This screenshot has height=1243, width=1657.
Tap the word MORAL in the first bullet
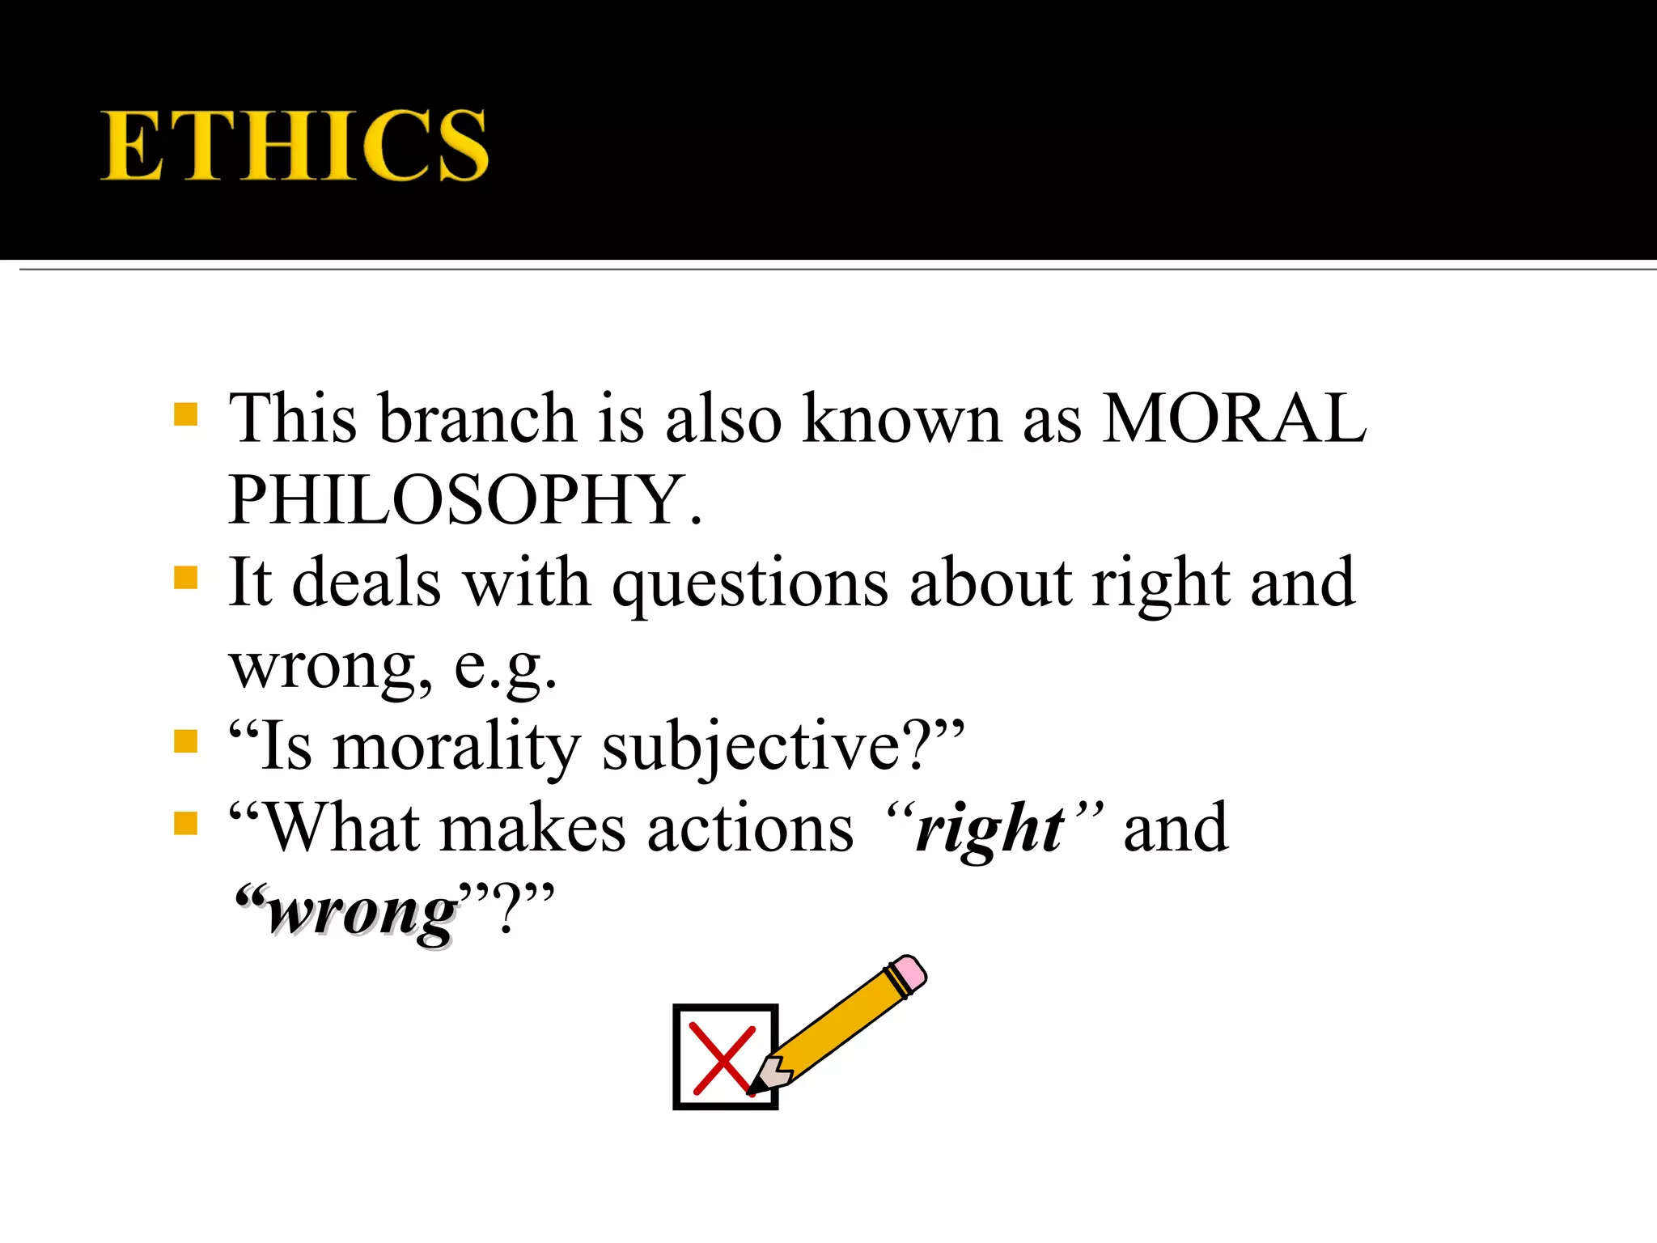click(1235, 418)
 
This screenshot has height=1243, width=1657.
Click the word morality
click(456, 746)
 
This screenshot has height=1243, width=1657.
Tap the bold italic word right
click(990, 830)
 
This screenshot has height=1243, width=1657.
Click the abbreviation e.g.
click(506, 666)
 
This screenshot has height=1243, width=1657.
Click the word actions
click(750, 829)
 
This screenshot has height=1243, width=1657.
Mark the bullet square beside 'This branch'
click(186, 415)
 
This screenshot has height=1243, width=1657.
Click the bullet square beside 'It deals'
click(186, 579)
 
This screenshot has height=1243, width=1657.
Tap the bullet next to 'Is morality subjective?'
click(186, 741)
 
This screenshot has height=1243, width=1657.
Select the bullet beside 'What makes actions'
click(186, 824)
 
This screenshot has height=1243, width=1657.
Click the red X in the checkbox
click(723, 1058)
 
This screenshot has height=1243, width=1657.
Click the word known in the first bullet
click(902, 418)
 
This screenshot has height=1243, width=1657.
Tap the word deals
click(367, 583)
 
